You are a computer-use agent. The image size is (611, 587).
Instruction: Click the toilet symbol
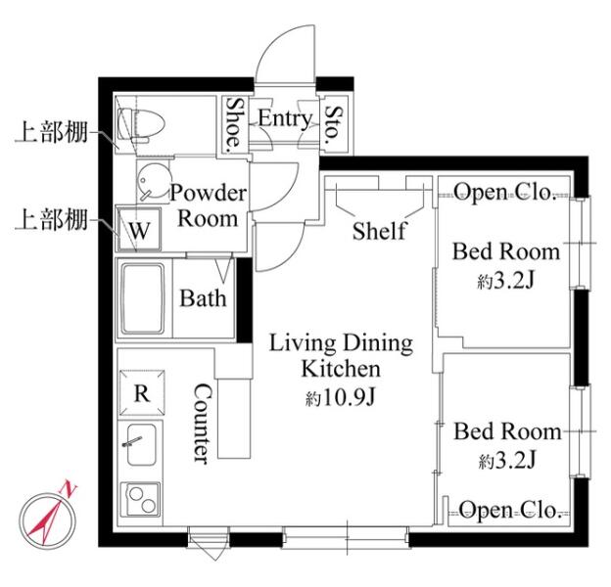tap(141, 124)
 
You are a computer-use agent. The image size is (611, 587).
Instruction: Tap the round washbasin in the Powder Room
tap(155, 182)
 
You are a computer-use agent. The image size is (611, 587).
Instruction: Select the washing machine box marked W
tap(139, 229)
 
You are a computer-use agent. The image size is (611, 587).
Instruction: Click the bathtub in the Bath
tap(143, 299)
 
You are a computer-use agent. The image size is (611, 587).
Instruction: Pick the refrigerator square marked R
tap(142, 393)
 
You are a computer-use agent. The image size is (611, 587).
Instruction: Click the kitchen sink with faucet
tap(141, 444)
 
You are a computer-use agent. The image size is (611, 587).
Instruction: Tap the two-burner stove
tap(140, 499)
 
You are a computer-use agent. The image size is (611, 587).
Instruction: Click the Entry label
tap(285, 118)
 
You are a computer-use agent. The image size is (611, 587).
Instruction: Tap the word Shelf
tap(379, 231)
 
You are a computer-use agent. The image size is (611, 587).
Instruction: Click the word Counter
tap(203, 424)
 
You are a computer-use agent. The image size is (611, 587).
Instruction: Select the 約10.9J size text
tap(340, 398)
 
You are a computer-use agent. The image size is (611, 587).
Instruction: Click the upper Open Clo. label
tap(504, 192)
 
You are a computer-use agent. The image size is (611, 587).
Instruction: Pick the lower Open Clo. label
tap(510, 510)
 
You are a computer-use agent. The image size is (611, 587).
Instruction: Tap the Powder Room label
tap(208, 205)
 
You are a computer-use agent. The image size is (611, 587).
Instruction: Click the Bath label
tap(203, 298)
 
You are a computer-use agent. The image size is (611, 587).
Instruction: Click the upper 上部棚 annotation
tap(51, 132)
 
